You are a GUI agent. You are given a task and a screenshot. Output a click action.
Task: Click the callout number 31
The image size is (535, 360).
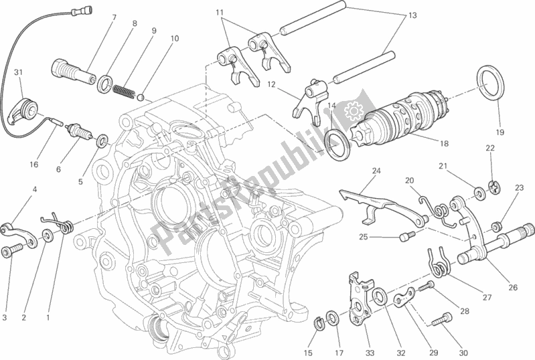point(18,73)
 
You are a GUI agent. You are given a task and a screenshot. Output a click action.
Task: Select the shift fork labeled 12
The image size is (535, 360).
point(309,99)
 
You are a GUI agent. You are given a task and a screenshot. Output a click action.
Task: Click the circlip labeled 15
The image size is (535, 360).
point(319,325)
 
